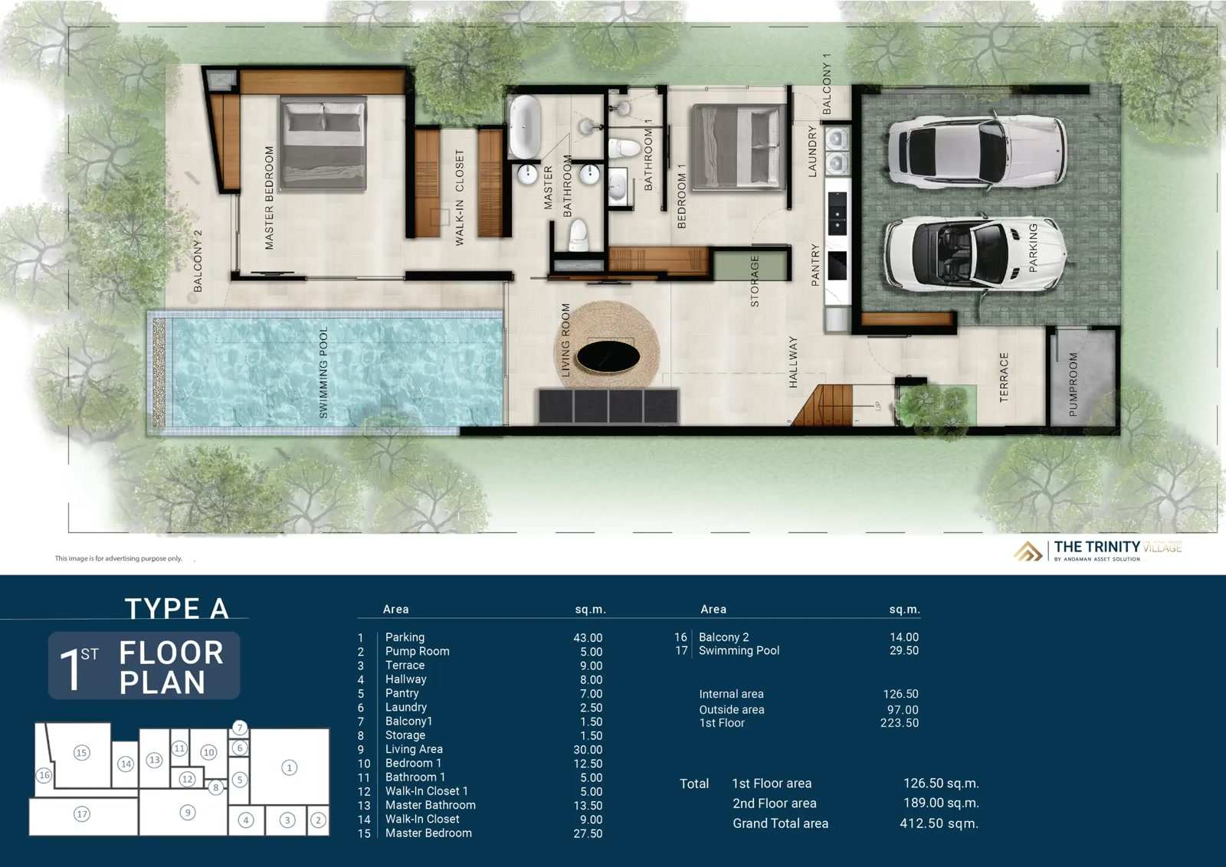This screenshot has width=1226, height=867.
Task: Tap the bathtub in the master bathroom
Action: point(525,126)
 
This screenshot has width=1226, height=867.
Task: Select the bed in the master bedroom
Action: point(323,144)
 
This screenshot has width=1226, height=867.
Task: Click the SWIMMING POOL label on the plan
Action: point(323,372)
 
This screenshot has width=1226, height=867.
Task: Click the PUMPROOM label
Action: point(1073,384)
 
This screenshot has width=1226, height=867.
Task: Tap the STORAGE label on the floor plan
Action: point(755,280)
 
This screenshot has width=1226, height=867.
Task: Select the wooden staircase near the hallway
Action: point(821,405)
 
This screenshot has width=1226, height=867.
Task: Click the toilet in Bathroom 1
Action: point(624,148)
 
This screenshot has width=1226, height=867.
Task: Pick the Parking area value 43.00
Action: point(588,638)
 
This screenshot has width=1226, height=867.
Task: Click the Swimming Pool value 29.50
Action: point(903,650)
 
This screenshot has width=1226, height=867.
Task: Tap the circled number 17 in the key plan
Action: point(82,814)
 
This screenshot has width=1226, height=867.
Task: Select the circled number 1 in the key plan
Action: point(290,767)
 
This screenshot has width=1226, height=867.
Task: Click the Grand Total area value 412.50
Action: point(939,823)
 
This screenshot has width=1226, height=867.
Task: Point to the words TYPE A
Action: point(176,608)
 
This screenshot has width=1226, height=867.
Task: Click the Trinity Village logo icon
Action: point(1028,551)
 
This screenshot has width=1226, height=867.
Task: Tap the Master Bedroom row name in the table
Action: point(428,833)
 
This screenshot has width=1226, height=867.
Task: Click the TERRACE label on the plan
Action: point(1004,378)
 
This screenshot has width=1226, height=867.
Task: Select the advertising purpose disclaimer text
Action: point(118,558)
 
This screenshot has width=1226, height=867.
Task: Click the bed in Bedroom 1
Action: point(739,149)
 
